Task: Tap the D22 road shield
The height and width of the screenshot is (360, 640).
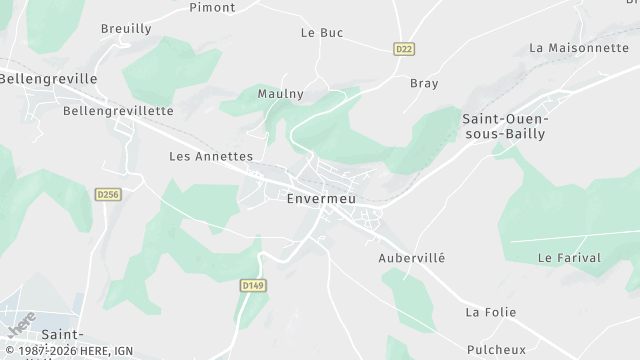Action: (x=404, y=48)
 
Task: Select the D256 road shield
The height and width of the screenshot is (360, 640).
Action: (x=108, y=194)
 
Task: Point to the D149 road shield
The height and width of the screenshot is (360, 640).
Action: (x=252, y=286)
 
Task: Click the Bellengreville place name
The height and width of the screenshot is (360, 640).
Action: (x=48, y=78)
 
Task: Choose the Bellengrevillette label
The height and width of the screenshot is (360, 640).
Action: (x=118, y=111)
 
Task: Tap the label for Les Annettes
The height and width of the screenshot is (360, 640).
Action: (x=211, y=157)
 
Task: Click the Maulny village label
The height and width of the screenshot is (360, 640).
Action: (x=281, y=93)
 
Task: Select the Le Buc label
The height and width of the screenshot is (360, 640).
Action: (x=322, y=33)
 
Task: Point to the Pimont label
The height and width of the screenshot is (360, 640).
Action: (x=213, y=7)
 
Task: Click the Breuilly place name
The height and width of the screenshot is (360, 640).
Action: (x=126, y=29)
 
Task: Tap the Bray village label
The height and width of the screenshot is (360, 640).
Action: (x=424, y=83)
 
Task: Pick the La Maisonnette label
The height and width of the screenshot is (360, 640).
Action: (x=579, y=48)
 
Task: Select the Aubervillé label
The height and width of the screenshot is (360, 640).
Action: (x=411, y=258)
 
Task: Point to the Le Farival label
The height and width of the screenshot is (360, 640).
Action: (x=569, y=258)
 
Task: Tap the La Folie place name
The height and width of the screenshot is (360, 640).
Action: (x=490, y=313)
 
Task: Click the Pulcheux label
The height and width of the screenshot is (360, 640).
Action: (x=496, y=349)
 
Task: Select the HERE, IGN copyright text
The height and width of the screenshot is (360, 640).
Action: (x=67, y=352)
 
